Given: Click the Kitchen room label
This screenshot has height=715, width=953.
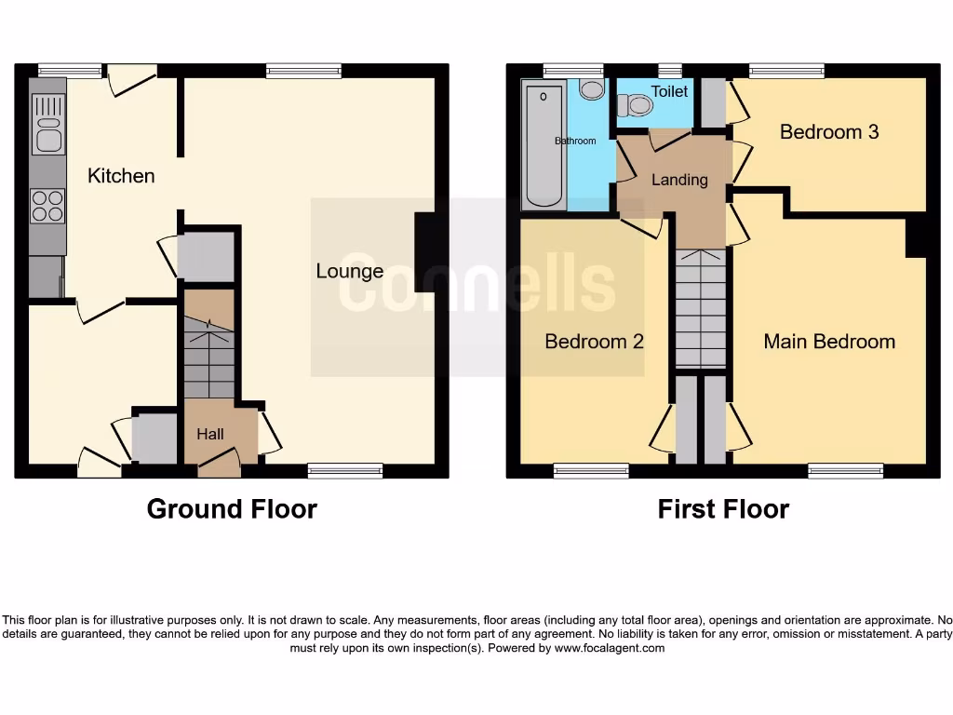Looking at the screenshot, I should click(x=121, y=175).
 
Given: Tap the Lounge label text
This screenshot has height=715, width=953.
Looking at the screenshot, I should click(x=349, y=271).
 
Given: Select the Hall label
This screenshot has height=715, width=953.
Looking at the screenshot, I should click(x=210, y=434).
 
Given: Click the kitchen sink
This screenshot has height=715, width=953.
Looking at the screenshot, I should click(x=47, y=129).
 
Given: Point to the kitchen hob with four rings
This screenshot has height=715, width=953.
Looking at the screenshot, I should click(x=47, y=206).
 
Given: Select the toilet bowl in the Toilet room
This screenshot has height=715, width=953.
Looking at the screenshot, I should click(x=638, y=105).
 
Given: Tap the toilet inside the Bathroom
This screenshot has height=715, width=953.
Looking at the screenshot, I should click(x=591, y=88).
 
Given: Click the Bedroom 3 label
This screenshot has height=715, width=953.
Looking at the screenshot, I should click(x=828, y=132).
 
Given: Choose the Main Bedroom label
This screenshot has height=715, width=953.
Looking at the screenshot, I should click(x=828, y=342).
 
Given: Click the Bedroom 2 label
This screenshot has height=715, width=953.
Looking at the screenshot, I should click(x=594, y=342).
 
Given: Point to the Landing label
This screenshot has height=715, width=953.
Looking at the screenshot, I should click(x=679, y=180).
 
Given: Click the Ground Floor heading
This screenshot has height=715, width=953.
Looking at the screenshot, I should click(x=232, y=509).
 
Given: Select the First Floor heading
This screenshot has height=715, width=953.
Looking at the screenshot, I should click(x=723, y=509).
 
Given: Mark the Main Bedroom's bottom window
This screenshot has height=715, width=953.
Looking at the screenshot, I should click(x=845, y=471).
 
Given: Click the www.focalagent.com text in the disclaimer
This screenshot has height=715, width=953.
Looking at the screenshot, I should click(x=609, y=648).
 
